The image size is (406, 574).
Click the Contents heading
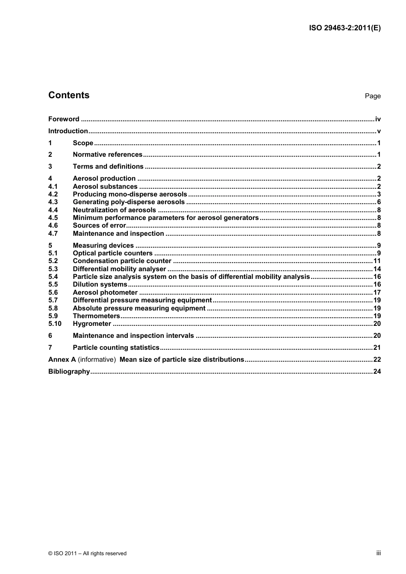click(69, 95)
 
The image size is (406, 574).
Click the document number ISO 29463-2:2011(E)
click(344, 28)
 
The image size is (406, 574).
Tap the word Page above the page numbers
click(372, 96)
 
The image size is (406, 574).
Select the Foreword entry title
click(64, 119)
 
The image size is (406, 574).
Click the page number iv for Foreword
click(377, 119)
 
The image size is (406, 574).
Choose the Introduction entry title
click(68, 131)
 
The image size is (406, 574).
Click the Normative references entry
click(108, 155)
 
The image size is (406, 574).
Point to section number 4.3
click(53, 202)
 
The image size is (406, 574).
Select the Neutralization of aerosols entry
click(115, 210)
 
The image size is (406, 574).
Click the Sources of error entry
click(100, 225)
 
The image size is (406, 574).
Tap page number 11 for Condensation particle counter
click(377, 261)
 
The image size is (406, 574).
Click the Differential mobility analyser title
click(119, 269)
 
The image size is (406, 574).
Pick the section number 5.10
click(55, 324)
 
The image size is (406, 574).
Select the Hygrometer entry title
click(92, 324)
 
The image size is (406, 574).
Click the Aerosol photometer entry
click(105, 293)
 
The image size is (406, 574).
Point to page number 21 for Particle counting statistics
click(377, 348)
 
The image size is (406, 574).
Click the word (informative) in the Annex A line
click(97, 360)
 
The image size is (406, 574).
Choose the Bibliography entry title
click(69, 372)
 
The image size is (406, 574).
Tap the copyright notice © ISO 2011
click(87, 553)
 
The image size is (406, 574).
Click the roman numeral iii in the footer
click(378, 553)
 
